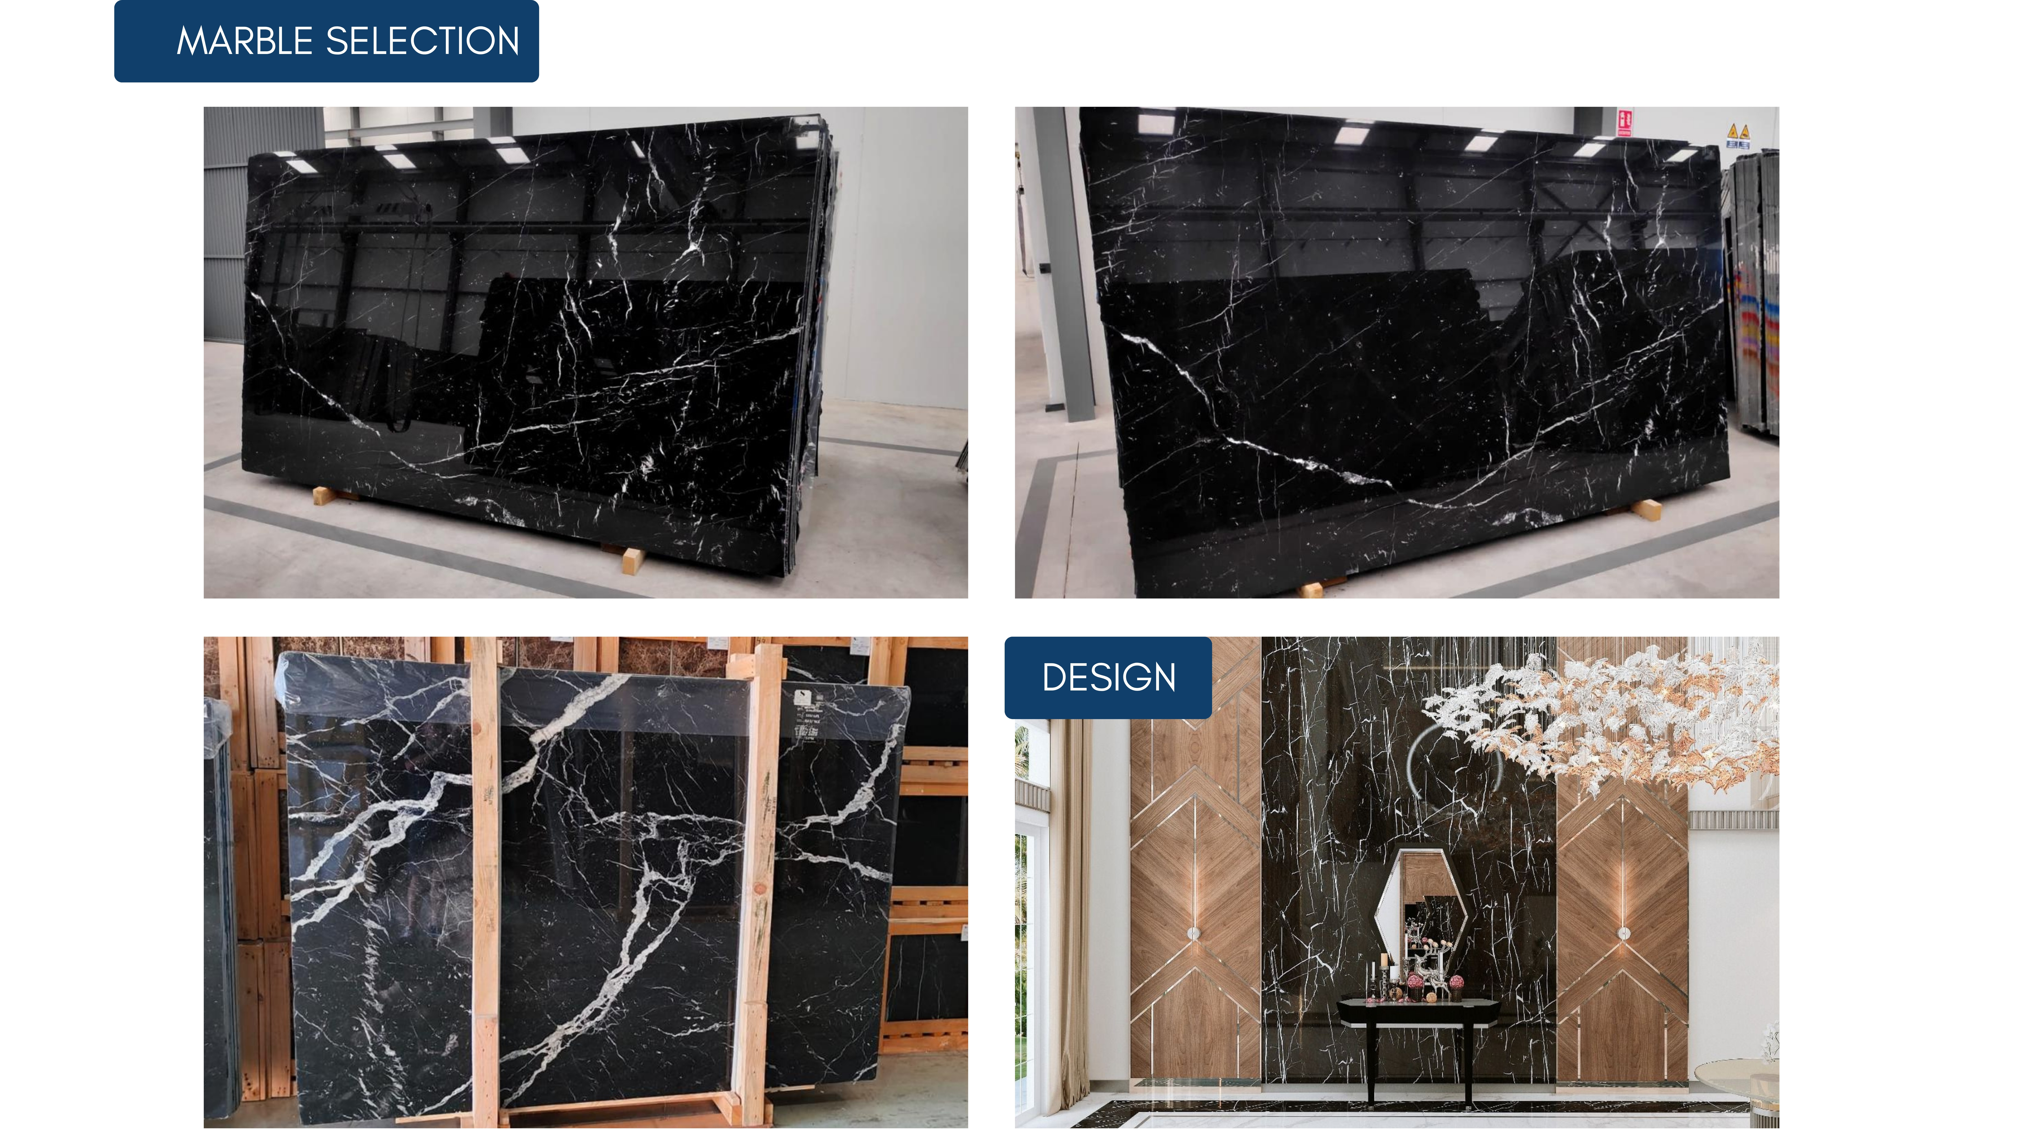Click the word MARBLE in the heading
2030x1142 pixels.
(244, 41)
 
